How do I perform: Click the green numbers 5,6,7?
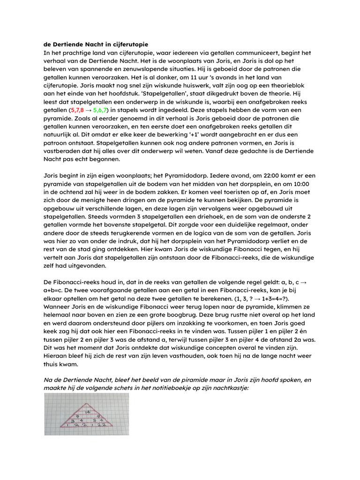[x=101, y=110]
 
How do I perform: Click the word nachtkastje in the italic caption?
[x=232, y=388]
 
